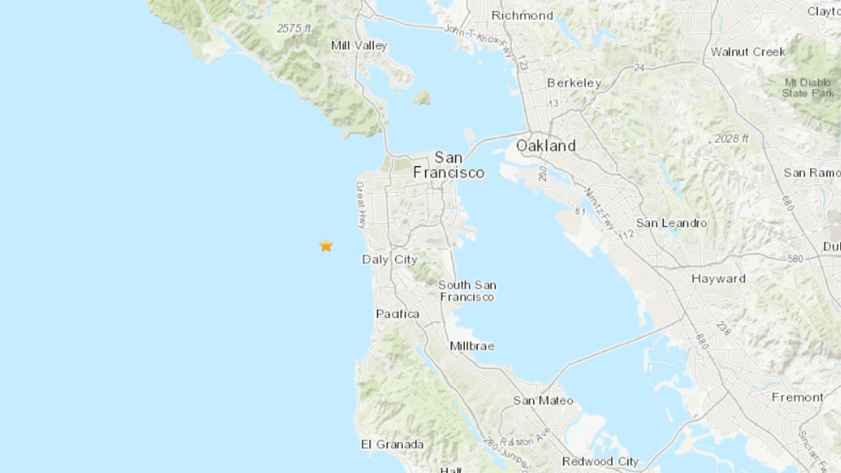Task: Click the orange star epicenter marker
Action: click(x=326, y=245)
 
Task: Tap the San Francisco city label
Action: click(x=449, y=165)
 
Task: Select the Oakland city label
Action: click(x=546, y=146)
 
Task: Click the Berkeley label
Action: click(x=574, y=83)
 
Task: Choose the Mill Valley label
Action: click(x=359, y=46)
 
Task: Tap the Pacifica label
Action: click(x=397, y=314)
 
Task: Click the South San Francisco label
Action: click(x=467, y=291)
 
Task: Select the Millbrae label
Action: click(x=472, y=346)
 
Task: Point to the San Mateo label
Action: click(x=542, y=401)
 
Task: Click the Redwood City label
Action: click(x=601, y=461)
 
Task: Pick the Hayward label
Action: click(x=718, y=279)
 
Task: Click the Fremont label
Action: click(x=798, y=397)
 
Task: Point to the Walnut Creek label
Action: click(x=748, y=52)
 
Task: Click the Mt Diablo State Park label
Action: click(x=808, y=88)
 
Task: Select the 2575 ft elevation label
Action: click(x=294, y=29)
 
